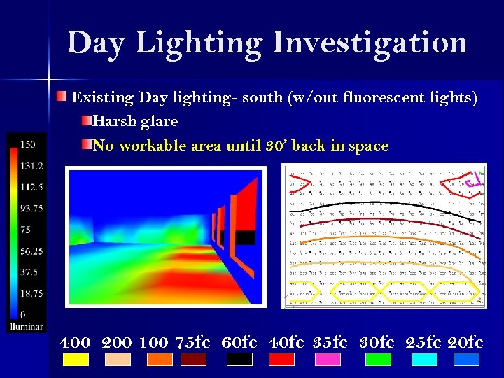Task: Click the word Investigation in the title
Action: [x=370, y=43]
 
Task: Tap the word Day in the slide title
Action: [x=96, y=43]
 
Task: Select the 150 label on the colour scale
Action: [x=27, y=145]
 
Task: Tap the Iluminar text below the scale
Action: [x=27, y=326]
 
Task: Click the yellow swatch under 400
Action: [x=76, y=360]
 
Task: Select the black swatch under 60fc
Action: [x=239, y=360]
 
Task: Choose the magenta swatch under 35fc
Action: [x=328, y=360]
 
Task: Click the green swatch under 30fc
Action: [x=378, y=360]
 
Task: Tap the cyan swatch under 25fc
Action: [x=424, y=360]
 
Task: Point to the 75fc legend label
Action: [x=192, y=343]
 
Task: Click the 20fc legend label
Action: [x=465, y=343]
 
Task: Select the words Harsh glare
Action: [x=135, y=121]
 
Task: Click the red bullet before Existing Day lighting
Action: [x=63, y=96]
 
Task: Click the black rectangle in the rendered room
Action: [x=245, y=237]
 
